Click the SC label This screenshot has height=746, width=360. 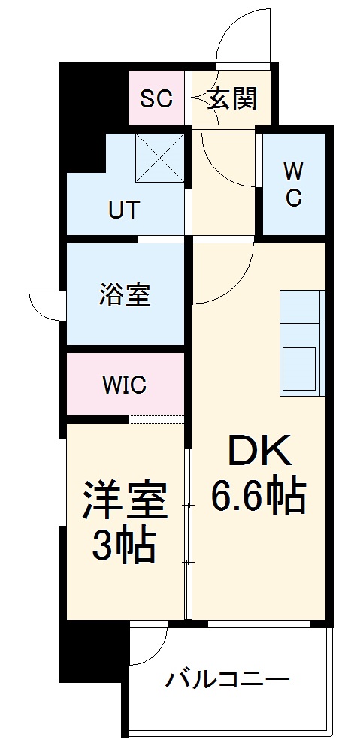[x=157, y=98]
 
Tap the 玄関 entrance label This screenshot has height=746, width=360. [x=232, y=98]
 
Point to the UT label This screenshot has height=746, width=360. [x=124, y=210]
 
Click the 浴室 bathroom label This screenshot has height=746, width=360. [x=125, y=295]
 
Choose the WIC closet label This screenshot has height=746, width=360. [x=125, y=386]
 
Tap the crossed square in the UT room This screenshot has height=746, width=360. [x=160, y=158]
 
